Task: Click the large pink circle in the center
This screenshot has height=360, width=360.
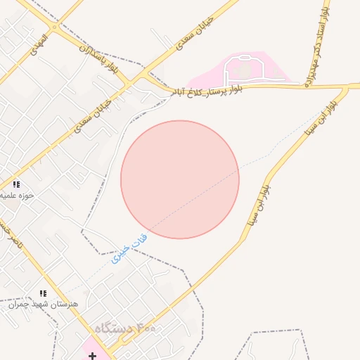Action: [x=180, y=179]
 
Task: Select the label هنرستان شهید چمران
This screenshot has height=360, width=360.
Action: [x=41, y=304]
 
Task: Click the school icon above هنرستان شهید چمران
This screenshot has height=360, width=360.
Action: [x=43, y=293]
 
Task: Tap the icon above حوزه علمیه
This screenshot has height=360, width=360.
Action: [x=16, y=184]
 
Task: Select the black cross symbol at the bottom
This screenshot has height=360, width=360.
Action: [x=92, y=356]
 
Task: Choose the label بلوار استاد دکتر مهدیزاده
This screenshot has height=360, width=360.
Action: [x=315, y=46]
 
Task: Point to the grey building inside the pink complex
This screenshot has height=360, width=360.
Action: [x=243, y=71]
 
